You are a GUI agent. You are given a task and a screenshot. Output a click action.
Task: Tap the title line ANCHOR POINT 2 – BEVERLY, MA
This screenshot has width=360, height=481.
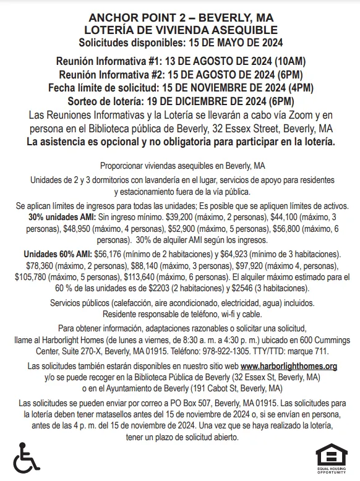[x=180, y=17]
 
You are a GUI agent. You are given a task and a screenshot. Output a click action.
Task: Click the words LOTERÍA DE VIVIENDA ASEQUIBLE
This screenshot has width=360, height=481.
[x=180, y=30]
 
